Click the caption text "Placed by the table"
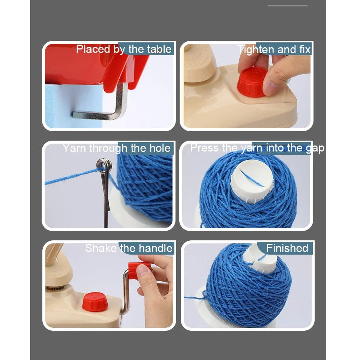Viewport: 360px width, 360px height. point(124,49)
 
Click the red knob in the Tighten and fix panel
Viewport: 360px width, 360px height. point(252,82)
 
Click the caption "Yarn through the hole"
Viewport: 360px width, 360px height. point(117,148)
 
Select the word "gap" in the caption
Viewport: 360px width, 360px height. point(314,148)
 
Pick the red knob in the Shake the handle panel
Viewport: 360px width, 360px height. point(94,301)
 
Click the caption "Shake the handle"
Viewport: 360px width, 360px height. point(129,248)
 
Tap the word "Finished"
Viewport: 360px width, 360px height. point(287,248)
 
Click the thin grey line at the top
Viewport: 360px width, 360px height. point(288,6)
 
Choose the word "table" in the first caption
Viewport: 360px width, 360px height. point(159,49)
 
